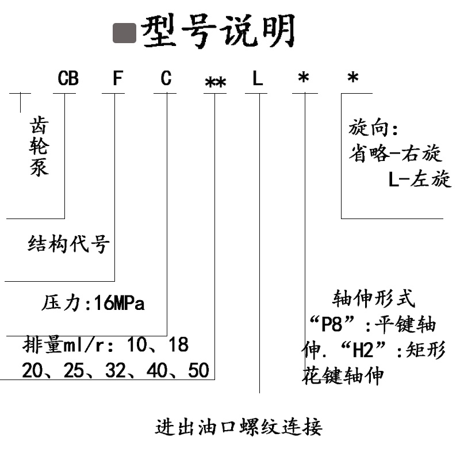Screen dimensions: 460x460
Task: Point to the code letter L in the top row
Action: [x=258, y=78]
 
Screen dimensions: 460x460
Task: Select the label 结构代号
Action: [x=68, y=245]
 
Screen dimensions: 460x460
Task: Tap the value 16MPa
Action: [x=120, y=303]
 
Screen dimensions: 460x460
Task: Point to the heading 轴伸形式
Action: [x=374, y=298]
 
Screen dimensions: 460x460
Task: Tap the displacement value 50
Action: [x=198, y=371]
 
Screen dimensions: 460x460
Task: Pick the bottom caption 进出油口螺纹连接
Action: [x=239, y=427]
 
